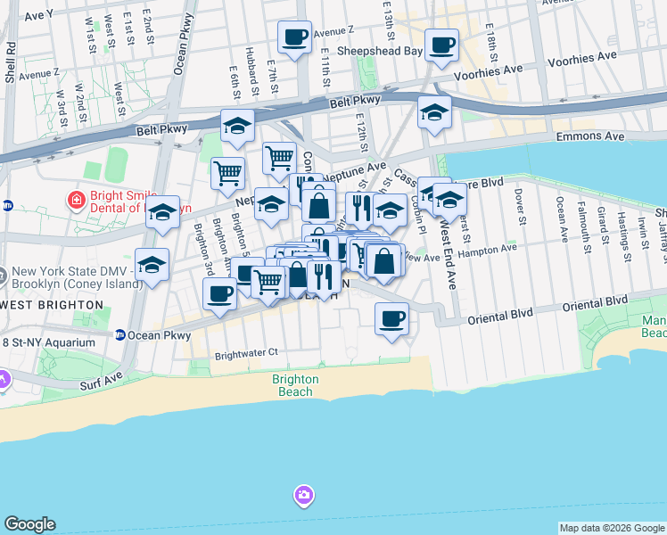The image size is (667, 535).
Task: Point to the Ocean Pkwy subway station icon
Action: [119, 335]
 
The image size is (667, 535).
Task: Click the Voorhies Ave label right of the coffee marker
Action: [501, 68]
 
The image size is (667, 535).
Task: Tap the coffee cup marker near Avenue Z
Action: [294, 37]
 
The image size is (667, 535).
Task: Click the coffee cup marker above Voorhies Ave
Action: [441, 44]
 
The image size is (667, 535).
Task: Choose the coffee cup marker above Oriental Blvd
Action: [391, 318]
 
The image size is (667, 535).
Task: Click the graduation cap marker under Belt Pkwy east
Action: [434, 112]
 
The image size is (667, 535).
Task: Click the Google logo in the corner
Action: [30, 524]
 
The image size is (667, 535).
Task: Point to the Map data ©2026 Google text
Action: [612, 528]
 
